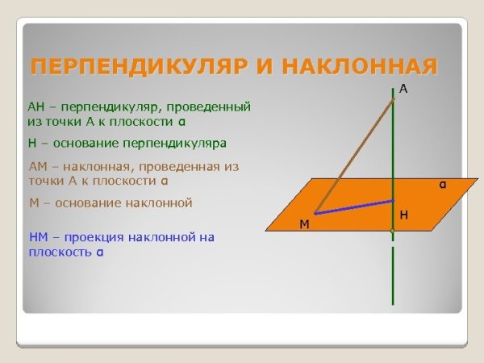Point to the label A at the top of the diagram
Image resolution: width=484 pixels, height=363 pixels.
click(403, 90)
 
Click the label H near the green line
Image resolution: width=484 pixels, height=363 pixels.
click(403, 215)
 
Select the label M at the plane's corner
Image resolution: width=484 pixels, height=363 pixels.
click(304, 224)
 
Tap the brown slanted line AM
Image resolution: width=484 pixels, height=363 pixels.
click(355, 154)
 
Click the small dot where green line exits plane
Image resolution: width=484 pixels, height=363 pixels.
click(393, 232)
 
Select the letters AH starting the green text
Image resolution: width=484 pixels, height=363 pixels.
click(36, 106)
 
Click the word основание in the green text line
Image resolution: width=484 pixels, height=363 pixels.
click(85, 143)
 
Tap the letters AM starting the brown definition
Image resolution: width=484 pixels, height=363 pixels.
click(37, 165)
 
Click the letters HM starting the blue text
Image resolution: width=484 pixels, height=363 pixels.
click(37, 237)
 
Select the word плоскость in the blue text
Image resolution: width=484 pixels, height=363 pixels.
click(60, 252)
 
